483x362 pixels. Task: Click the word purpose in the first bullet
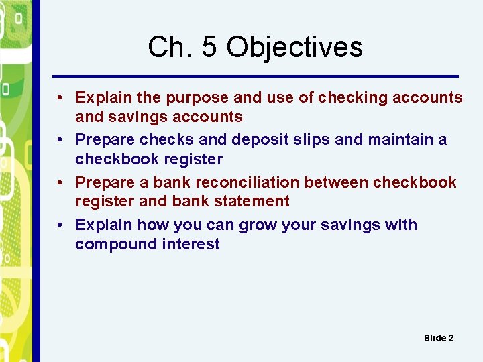click(x=197, y=98)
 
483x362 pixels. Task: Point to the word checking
click(x=353, y=98)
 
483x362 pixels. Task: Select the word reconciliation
click(x=248, y=182)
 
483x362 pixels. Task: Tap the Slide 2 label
click(x=439, y=338)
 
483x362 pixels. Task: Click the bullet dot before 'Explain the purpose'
click(x=60, y=98)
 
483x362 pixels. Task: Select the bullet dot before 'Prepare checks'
click(x=60, y=140)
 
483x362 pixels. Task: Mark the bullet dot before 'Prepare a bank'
click(x=60, y=182)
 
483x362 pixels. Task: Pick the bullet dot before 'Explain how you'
click(x=60, y=225)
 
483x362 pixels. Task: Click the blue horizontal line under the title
click(x=255, y=75)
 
